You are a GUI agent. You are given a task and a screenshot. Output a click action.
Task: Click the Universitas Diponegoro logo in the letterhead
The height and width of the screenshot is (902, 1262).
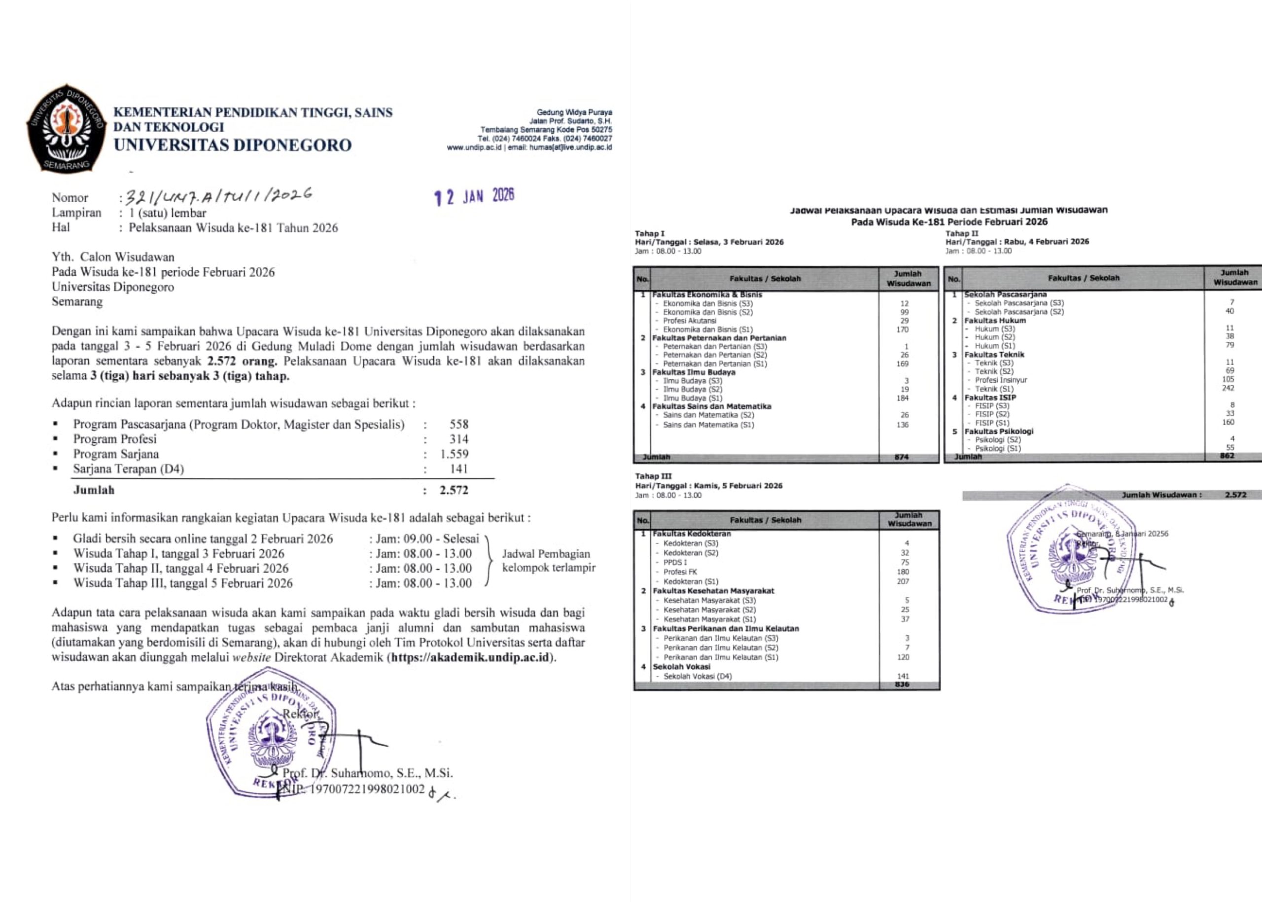click(x=66, y=128)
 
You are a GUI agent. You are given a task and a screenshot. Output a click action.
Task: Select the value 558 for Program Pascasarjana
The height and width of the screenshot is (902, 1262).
click(x=458, y=424)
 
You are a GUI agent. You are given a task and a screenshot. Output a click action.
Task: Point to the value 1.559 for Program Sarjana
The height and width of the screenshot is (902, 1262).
click(x=454, y=454)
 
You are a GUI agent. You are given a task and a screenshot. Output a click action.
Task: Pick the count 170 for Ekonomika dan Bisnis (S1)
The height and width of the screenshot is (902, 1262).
click(x=902, y=329)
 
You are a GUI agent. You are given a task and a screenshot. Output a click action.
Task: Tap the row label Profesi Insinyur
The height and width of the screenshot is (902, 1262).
click(x=1001, y=380)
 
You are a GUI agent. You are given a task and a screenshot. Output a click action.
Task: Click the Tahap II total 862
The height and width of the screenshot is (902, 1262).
click(x=1227, y=456)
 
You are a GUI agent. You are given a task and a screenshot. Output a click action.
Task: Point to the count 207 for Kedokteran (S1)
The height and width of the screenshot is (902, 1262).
click(x=903, y=581)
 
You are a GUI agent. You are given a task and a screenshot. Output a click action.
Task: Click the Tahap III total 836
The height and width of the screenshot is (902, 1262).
click(x=902, y=685)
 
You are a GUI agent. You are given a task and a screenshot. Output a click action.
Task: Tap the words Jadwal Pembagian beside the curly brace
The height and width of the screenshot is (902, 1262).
click(x=546, y=554)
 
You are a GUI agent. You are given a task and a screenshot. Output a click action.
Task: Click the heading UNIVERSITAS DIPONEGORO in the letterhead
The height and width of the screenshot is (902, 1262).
click(x=233, y=145)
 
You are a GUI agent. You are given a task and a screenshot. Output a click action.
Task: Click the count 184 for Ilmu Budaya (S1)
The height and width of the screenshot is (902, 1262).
click(x=902, y=397)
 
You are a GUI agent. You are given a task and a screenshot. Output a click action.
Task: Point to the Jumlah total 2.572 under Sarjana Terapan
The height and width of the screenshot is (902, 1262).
click(x=454, y=490)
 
